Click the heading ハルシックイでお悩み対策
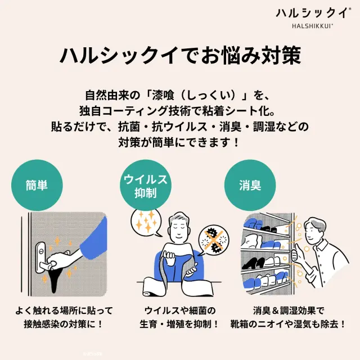click(179, 56)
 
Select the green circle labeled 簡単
click(37, 186)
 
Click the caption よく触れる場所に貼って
click(64, 310)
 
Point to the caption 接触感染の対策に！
click(64, 324)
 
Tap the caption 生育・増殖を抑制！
click(179, 324)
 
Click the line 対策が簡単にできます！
click(179, 142)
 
